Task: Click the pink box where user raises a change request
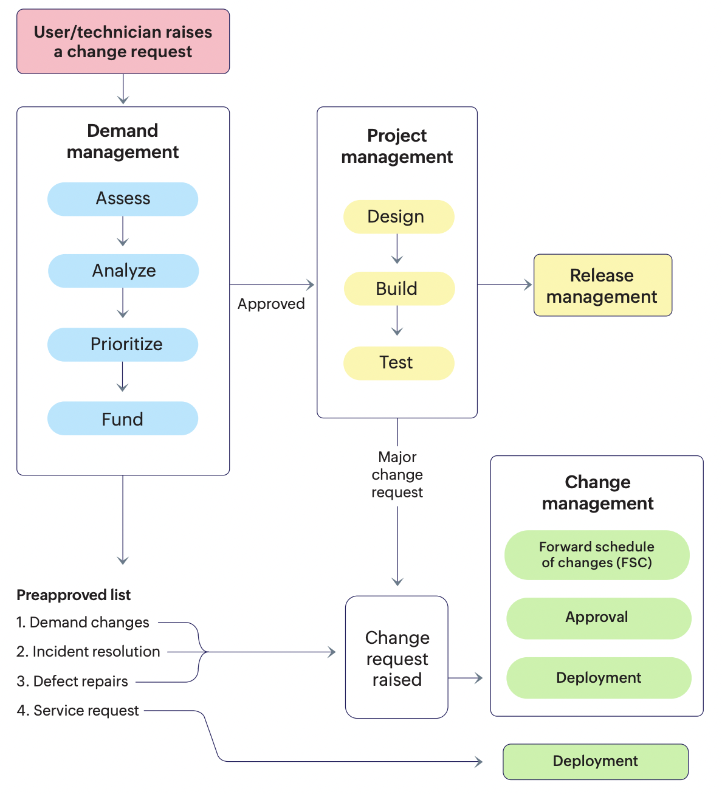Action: [x=123, y=41]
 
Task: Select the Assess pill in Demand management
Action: [x=123, y=199]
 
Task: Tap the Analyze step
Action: [x=123, y=271]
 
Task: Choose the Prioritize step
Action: [x=123, y=345]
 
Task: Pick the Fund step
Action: [x=123, y=419]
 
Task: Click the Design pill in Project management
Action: [x=399, y=216]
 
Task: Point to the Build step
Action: [x=399, y=289]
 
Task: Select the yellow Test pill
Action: [x=399, y=363]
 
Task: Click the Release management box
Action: [x=602, y=286]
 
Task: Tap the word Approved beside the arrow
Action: [x=271, y=304]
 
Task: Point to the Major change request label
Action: [x=397, y=475]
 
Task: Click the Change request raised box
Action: [x=397, y=658]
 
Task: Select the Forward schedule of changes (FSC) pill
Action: [x=597, y=555]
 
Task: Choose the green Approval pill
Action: [x=599, y=618]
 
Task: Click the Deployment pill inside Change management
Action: [x=599, y=678]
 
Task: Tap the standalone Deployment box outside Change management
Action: [x=596, y=762]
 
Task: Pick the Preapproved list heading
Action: [x=74, y=595]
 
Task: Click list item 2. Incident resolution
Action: [x=88, y=652]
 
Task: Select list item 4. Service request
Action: [x=78, y=711]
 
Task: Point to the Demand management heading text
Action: [x=123, y=141]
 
